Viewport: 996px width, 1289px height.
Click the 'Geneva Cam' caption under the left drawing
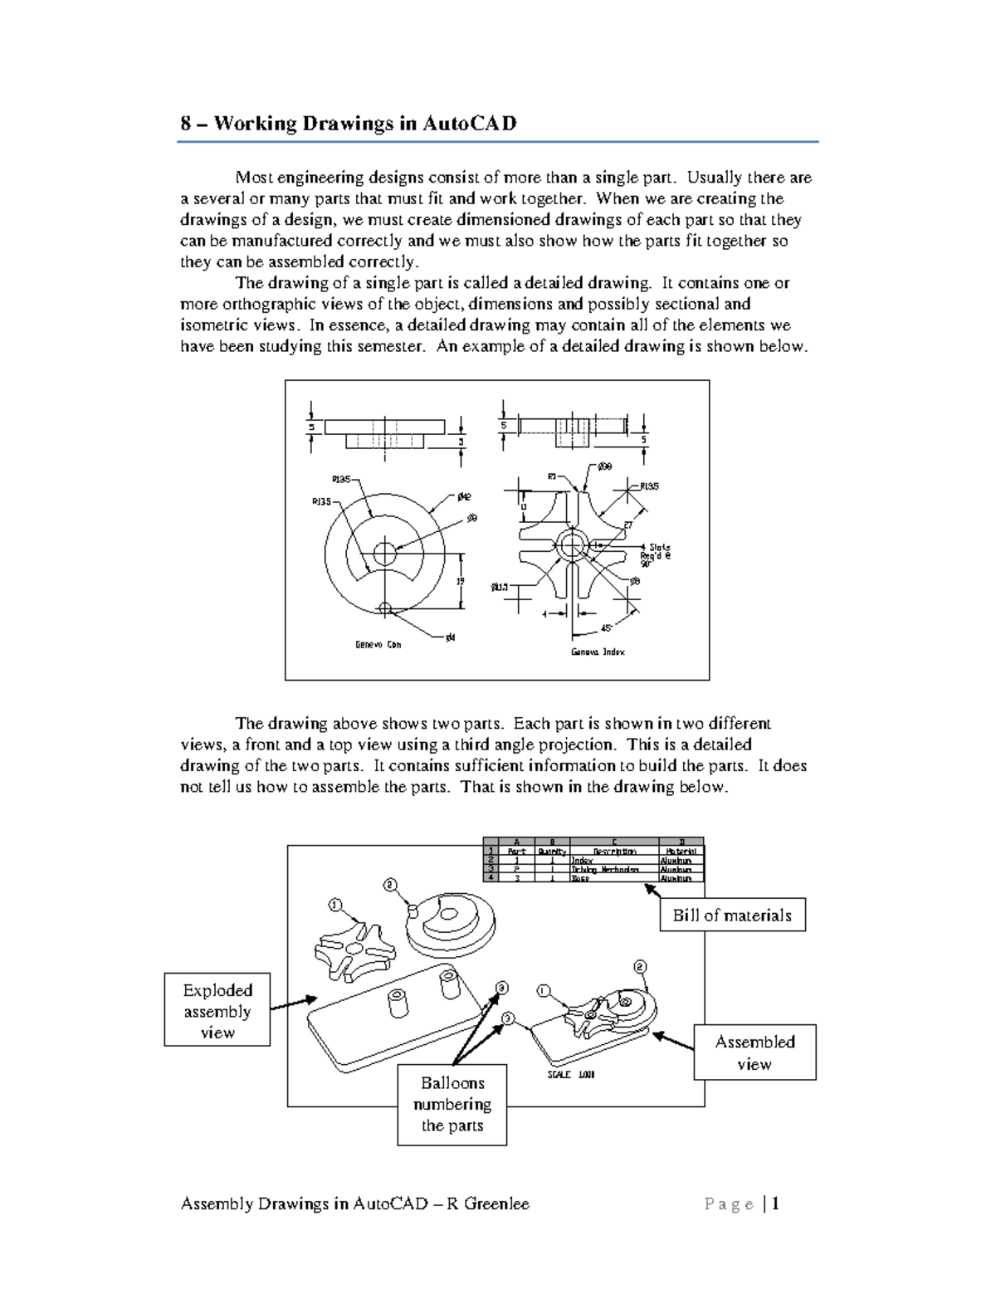click(x=378, y=645)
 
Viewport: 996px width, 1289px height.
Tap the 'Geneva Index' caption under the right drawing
click(x=598, y=652)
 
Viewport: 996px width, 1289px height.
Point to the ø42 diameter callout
click(x=464, y=496)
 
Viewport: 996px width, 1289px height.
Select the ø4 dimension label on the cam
click(x=450, y=637)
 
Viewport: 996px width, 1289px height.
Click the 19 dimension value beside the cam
click(x=460, y=581)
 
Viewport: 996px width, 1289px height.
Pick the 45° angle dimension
click(x=607, y=628)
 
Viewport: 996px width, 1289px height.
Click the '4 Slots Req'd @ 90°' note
click(x=656, y=554)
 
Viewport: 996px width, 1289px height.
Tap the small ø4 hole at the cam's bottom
click(x=383, y=608)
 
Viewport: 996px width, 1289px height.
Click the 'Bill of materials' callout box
click(x=732, y=915)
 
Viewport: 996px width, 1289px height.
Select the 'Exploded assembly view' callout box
click(x=217, y=1010)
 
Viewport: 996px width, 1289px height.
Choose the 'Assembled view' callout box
click(x=754, y=1052)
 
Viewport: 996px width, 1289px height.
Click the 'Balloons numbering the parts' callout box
click(x=452, y=1104)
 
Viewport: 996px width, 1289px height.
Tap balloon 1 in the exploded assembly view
click(x=334, y=904)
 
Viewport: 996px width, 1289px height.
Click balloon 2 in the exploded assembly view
click(x=390, y=885)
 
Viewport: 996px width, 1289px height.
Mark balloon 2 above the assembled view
click(x=640, y=967)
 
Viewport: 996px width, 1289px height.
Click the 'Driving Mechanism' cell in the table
click(x=605, y=869)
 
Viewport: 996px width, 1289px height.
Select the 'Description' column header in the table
click(x=614, y=852)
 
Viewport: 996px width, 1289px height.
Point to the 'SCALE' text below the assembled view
click(x=559, y=1074)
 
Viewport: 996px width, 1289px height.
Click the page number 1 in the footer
click(x=775, y=1204)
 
